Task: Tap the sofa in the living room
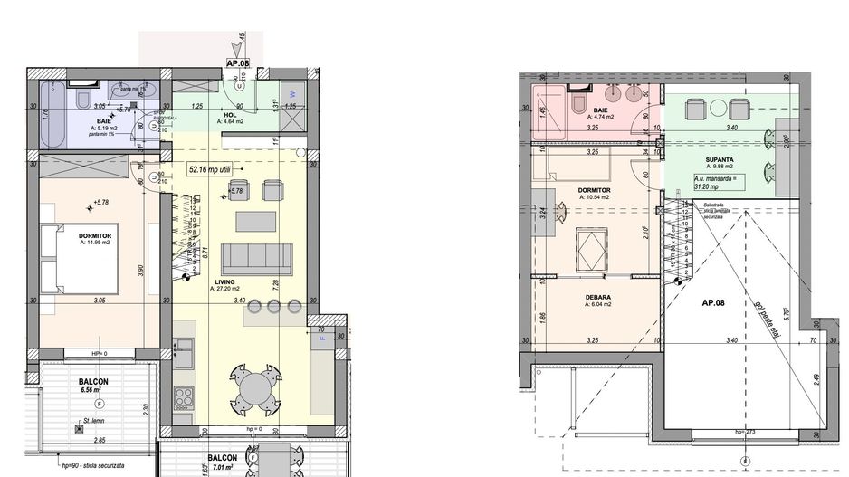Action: click(x=256, y=259)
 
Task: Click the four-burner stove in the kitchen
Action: click(x=184, y=396)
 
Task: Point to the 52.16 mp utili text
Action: click(x=211, y=168)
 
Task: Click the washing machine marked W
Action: click(x=291, y=92)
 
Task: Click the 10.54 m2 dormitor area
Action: click(x=595, y=199)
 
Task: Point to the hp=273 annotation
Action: click(x=744, y=432)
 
